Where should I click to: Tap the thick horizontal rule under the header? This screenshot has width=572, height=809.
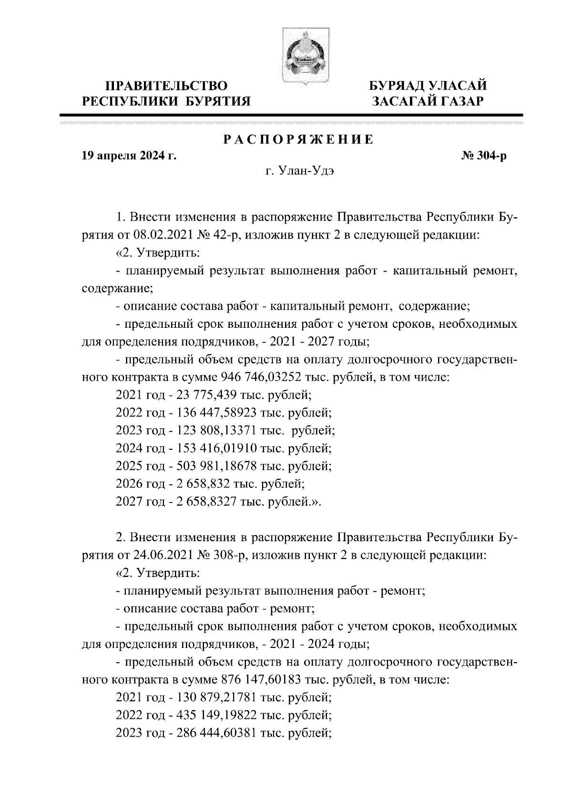point(292,115)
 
